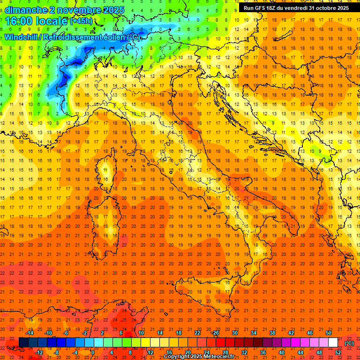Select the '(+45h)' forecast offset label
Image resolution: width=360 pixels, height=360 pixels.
[x=81, y=21]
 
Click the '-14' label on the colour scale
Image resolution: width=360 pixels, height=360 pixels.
[x=30, y=333]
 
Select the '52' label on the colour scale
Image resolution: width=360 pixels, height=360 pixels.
[x=338, y=352]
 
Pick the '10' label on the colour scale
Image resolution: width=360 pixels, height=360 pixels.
[x=141, y=333]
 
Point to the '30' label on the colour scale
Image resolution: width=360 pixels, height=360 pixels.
[x=235, y=333]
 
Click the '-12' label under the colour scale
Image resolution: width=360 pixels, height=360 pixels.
[x=39, y=352]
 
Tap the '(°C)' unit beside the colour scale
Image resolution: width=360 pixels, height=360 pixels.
[x=349, y=343]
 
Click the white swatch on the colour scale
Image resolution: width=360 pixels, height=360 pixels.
[x=333, y=343]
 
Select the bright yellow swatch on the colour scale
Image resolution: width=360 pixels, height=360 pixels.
[x=146, y=343]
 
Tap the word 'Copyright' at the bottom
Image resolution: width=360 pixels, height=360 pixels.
[x=178, y=357]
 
